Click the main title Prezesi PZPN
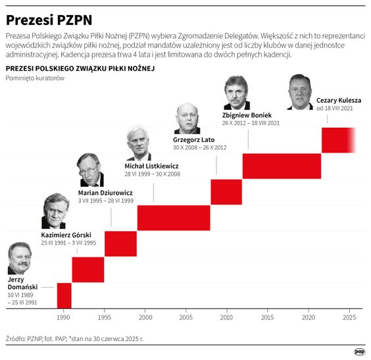(x=49, y=15)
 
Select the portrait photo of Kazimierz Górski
(x=55, y=211)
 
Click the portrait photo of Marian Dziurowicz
(x=90, y=170)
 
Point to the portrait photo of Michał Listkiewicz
(x=139, y=142)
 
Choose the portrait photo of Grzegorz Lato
(x=187, y=118)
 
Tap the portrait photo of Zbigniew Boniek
(x=236, y=93)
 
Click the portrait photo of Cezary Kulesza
(x=300, y=91)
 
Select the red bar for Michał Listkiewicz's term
(x=174, y=218)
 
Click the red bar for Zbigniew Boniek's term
(x=282, y=165)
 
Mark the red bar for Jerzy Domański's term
(x=64, y=295)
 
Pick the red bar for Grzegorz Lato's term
(x=226, y=192)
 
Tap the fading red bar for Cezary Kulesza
(x=338, y=140)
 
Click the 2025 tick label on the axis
(x=349, y=317)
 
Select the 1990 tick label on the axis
(x=63, y=317)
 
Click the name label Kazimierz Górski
(x=66, y=235)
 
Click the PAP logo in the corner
(x=359, y=351)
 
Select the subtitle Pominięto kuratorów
(x=34, y=78)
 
